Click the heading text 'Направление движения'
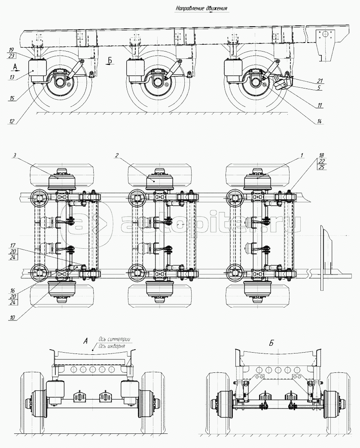click(x=201, y=9)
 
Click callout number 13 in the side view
click(x=12, y=77)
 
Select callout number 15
click(x=12, y=98)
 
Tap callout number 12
click(x=12, y=121)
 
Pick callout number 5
click(x=319, y=88)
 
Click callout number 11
click(x=320, y=105)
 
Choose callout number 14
click(x=319, y=122)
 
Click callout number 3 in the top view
click(x=15, y=155)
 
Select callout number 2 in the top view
click(x=117, y=155)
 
